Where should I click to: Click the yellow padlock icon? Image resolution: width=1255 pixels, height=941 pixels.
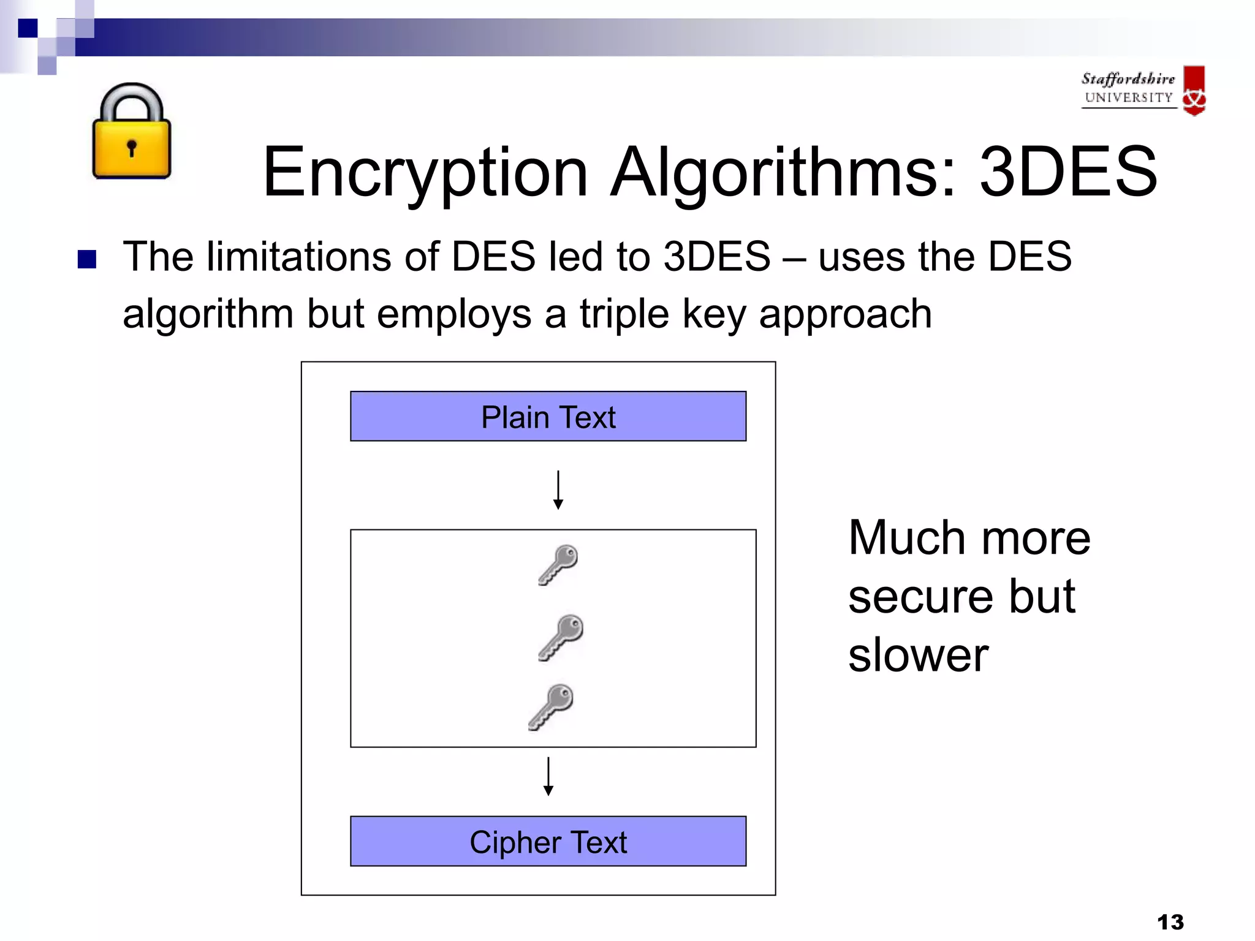[131, 132]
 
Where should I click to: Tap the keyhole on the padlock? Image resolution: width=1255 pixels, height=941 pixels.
[131, 148]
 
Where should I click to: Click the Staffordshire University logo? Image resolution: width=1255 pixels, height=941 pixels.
[1143, 90]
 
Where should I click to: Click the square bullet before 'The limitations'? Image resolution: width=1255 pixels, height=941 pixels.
[87, 260]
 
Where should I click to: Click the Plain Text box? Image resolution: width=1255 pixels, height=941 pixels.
[548, 417]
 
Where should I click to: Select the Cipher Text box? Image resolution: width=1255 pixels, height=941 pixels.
[548, 841]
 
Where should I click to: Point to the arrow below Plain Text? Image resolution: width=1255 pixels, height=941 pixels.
[558, 490]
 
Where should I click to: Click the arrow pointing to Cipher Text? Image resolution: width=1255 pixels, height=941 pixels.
[548, 777]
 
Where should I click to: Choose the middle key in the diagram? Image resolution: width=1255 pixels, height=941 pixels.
[561, 637]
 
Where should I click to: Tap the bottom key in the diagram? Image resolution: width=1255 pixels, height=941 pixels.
[552, 707]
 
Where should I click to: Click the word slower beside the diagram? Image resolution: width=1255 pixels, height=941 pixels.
[918, 655]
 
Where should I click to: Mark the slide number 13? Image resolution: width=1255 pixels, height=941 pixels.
[1170, 921]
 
